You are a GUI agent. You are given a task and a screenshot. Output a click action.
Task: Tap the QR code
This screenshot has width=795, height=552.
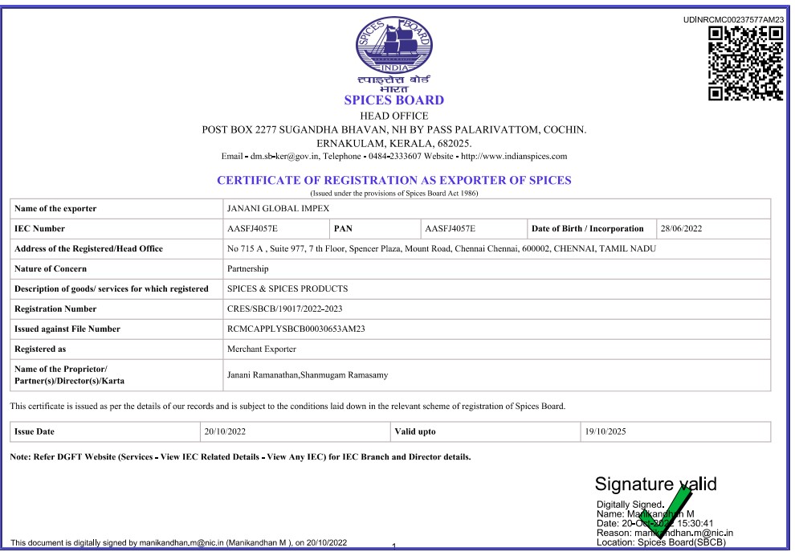(x=745, y=63)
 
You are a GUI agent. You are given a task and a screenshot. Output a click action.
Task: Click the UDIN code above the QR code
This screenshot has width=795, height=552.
(x=732, y=19)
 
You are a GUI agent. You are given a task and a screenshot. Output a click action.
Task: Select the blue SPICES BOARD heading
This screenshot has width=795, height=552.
(x=393, y=100)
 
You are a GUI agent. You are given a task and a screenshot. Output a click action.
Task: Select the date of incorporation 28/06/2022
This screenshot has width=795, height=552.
(x=681, y=229)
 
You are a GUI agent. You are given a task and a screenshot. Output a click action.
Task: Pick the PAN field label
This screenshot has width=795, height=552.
(x=343, y=229)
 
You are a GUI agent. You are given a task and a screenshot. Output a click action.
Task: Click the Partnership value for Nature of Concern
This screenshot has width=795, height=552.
(x=248, y=269)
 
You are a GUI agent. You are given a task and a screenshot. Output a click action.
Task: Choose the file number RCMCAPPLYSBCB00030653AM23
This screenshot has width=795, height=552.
(x=296, y=329)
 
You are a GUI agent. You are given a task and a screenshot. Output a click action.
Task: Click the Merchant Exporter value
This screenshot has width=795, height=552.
(x=262, y=350)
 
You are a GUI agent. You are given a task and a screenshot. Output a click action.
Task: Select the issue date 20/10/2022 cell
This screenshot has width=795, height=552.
(x=225, y=432)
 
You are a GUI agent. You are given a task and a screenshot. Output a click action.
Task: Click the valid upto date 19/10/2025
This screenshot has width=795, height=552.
(x=605, y=432)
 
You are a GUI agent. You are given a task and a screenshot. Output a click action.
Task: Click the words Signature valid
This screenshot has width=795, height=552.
(x=654, y=485)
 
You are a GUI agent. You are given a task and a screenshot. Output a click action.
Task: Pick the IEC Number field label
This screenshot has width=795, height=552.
(x=40, y=229)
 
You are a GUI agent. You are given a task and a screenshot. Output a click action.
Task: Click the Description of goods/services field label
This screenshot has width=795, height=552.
(x=112, y=289)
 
